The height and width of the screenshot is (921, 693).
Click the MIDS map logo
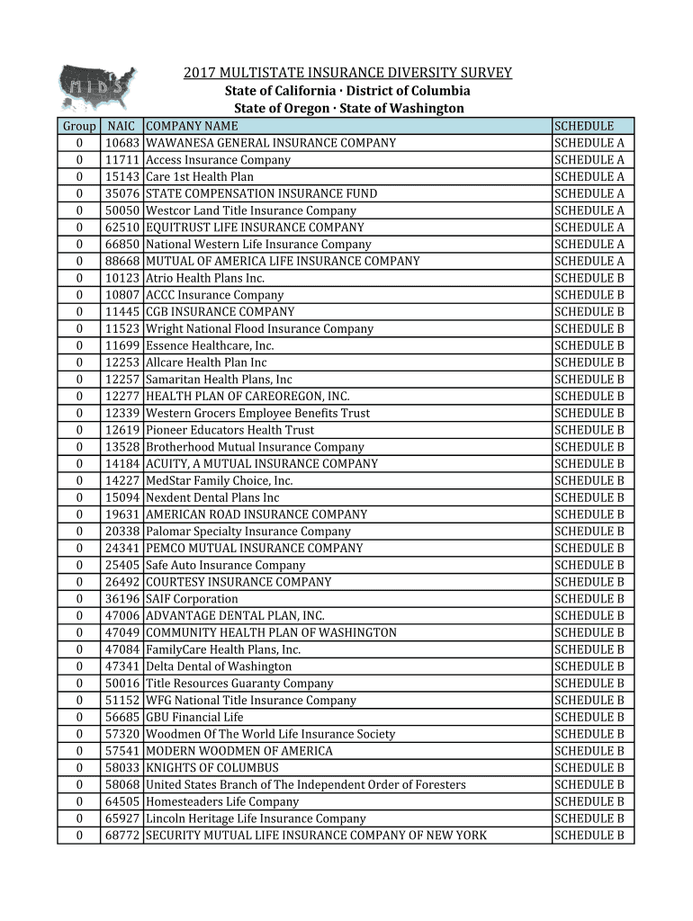[x=97, y=87]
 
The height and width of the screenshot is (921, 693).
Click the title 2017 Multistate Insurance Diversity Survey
[x=347, y=73]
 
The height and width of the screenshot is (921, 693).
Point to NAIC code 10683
[x=121, y=143]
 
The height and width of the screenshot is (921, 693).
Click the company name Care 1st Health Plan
[x=200, y=177]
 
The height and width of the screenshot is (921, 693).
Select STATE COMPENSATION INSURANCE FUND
[x=261, y=193]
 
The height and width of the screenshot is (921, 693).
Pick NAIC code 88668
[x=121, y=261]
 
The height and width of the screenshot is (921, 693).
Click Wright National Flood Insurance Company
[x=259, y=329]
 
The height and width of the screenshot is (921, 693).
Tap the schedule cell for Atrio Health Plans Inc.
[x=589, y=278]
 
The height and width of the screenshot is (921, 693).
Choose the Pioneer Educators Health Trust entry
[x=229, y=430]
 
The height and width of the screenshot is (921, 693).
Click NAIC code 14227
[x=121, y=480]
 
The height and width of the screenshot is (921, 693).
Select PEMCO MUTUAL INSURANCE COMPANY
[x=254, y=548]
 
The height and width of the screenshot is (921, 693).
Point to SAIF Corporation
[x=192, y=599]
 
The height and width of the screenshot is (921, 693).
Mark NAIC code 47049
[x=121, y=632]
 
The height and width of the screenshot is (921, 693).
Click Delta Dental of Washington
[x=219, y=666]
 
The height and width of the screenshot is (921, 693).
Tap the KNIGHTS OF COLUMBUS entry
[x=212, y=768]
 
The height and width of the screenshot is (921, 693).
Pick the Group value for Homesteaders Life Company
[x=79, y=801]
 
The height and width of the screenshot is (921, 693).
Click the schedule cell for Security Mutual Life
[x=589, y=836]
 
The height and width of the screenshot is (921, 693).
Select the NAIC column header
[x=121, y=127]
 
